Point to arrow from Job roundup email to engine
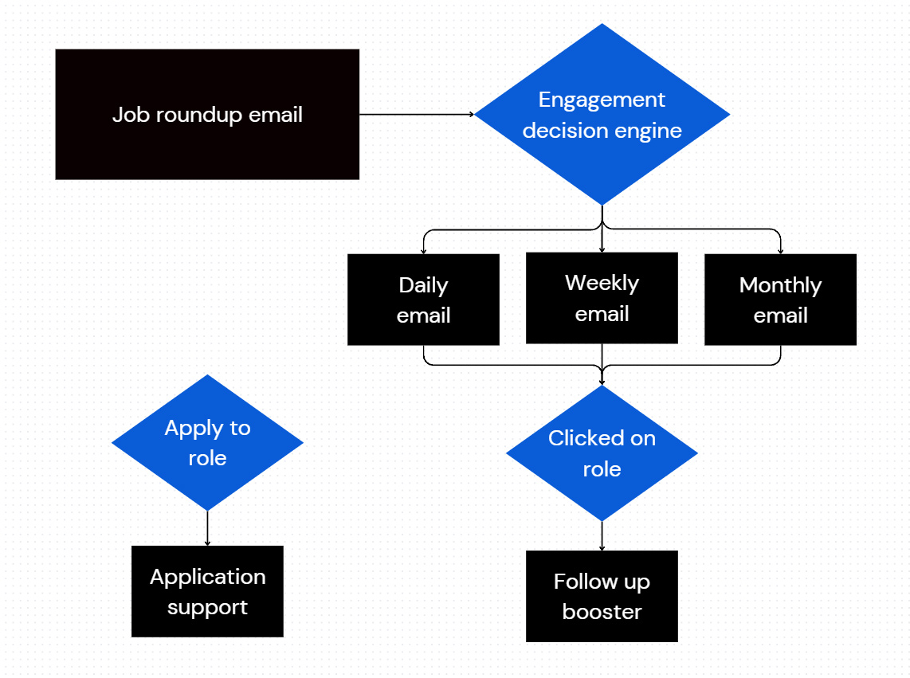click(x=414, y=114)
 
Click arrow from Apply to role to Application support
click(x=207, y=527)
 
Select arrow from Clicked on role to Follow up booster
click(x=602, y=535)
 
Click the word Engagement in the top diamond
click(x=602, y=100)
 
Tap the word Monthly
click(x=779, y=285)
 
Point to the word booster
click(x=602, y=612)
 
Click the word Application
click(x=207, y=577)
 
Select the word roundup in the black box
click(x=199, y=115)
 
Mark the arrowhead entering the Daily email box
click(x=423, y=251)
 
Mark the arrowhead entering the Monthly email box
click(x=780, y=251)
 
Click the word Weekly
click(x=602, y=283)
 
